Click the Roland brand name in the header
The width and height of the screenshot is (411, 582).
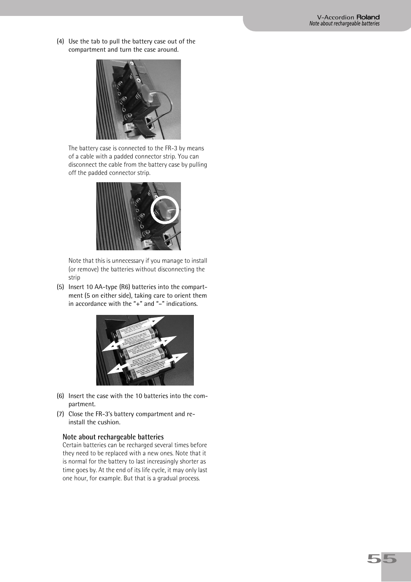[x=368, y=17]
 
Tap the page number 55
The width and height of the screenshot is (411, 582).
[x=382, y=559]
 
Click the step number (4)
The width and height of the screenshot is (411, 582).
[x=60, y=41]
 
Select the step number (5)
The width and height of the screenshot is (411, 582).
[x=60, y=287]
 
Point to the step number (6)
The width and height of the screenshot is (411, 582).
[x=60, y=396]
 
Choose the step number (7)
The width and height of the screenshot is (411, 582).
[x=60, y=414]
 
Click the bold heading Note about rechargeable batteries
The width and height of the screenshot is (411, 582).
[x=113, y=437]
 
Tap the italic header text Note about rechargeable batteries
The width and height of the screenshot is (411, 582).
[x=344, y=24]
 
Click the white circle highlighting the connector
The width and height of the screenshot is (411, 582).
[x=165, y=210]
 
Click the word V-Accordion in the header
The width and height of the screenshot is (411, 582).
[x=335, y=17]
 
